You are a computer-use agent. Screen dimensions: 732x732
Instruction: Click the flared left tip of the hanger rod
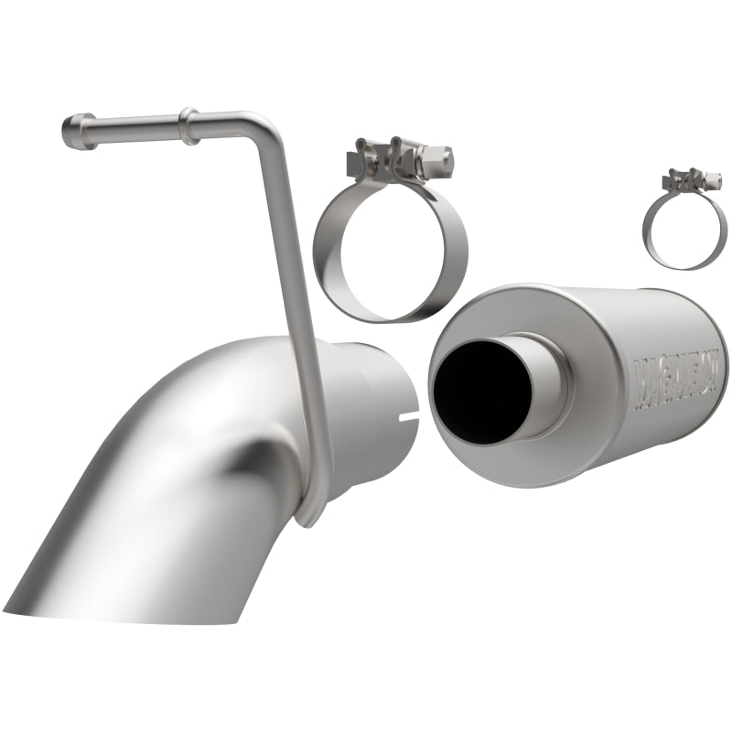[72, 134]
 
